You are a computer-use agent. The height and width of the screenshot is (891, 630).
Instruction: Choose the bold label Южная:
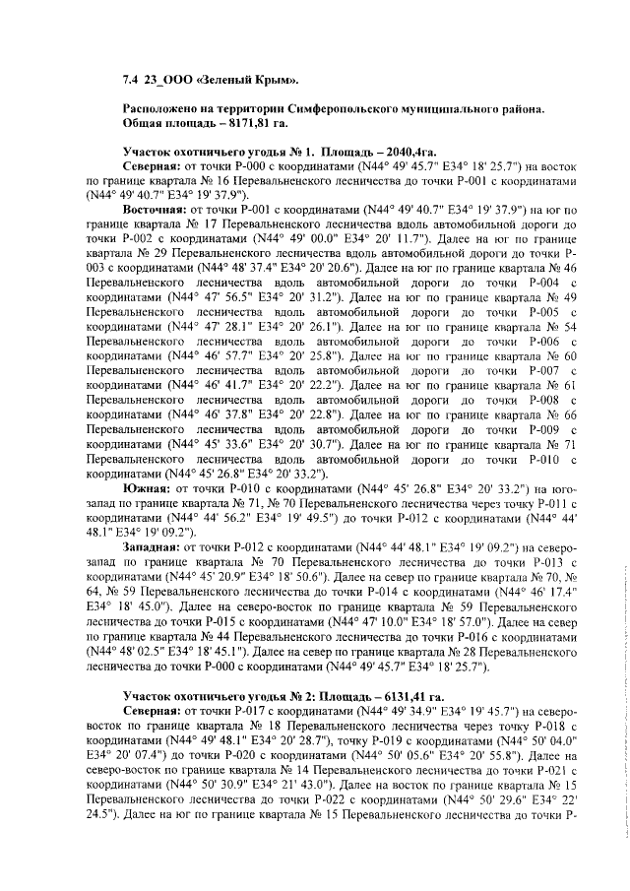(148, 487)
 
